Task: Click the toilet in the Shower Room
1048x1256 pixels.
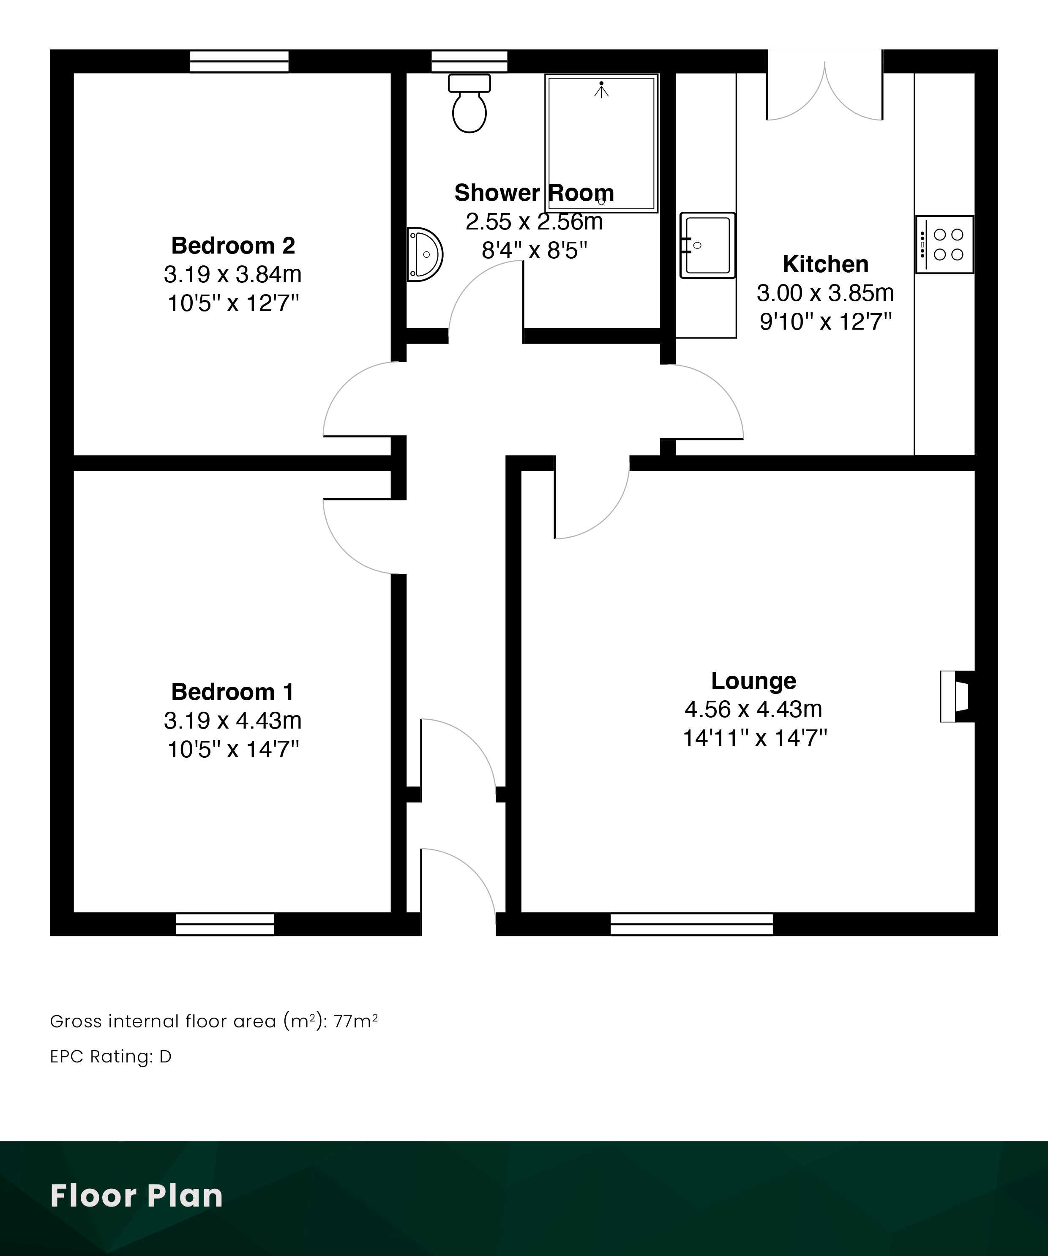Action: click(469, 103)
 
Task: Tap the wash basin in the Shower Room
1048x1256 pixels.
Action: click(425, 254)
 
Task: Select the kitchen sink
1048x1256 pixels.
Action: click(707, 245)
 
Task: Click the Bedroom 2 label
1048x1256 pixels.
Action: click(233, 245)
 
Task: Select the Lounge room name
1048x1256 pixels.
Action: click(754, 681)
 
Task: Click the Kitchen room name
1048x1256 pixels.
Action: click(825, 264)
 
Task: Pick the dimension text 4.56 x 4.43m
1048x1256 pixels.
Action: click(754, 709)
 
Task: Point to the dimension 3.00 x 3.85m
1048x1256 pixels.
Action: click(825, 293)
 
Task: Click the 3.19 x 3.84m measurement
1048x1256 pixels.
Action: click(233, 275)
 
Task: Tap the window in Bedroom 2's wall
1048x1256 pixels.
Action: click(239, 61)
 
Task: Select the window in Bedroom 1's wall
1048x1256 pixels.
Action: click(225, 924)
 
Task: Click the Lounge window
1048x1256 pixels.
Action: click(691, 924)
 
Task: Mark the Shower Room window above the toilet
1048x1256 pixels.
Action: click(469, 61)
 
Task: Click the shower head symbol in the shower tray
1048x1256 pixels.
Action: click(601, 90)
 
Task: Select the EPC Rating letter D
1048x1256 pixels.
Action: click(165, 1057)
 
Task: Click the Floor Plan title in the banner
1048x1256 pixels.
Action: click(136, 1196)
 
